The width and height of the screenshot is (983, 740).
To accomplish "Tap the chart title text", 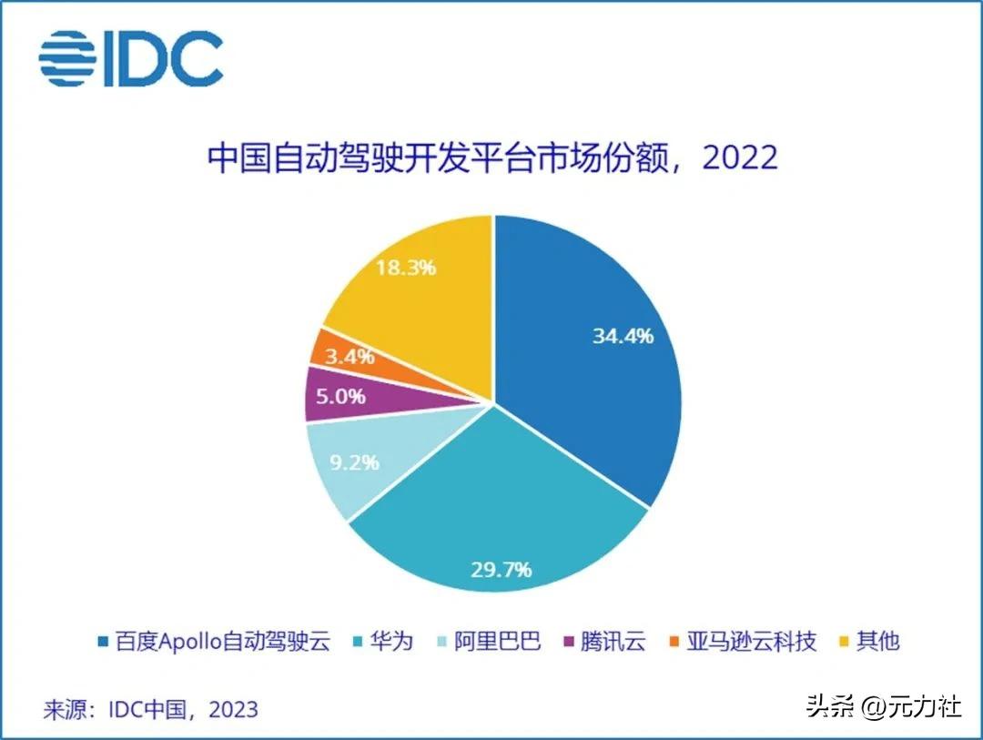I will (x=492, y=158).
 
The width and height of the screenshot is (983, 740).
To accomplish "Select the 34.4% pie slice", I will (x=592, y=355).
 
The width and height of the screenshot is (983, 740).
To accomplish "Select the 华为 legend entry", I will (x=392, y=641).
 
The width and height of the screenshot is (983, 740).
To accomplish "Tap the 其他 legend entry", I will (x=877, y=641).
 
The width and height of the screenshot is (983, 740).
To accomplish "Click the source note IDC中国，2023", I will (x=150, y=709).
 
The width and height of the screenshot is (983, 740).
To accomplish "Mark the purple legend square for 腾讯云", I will (x=570, y=642).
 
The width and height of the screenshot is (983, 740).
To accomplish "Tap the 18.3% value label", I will (x=406, y=268).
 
